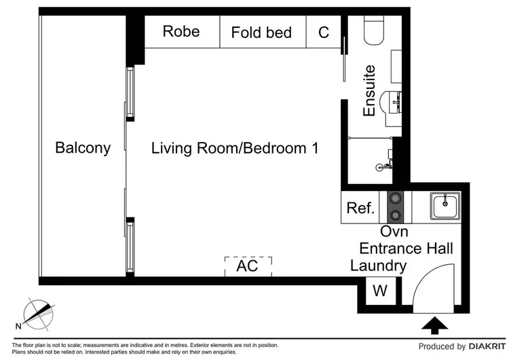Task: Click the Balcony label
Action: [83, 147]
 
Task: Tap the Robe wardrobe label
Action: [181, 31]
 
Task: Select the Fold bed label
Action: [261, 32]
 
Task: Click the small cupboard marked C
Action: [324, 32]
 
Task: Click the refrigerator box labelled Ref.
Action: [360, 208]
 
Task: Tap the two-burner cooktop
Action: [394, 208]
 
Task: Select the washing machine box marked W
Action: [380, 292]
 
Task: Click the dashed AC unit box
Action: [248, 266]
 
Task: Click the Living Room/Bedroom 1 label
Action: [235, 147]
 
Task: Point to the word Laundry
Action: [378, 266]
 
